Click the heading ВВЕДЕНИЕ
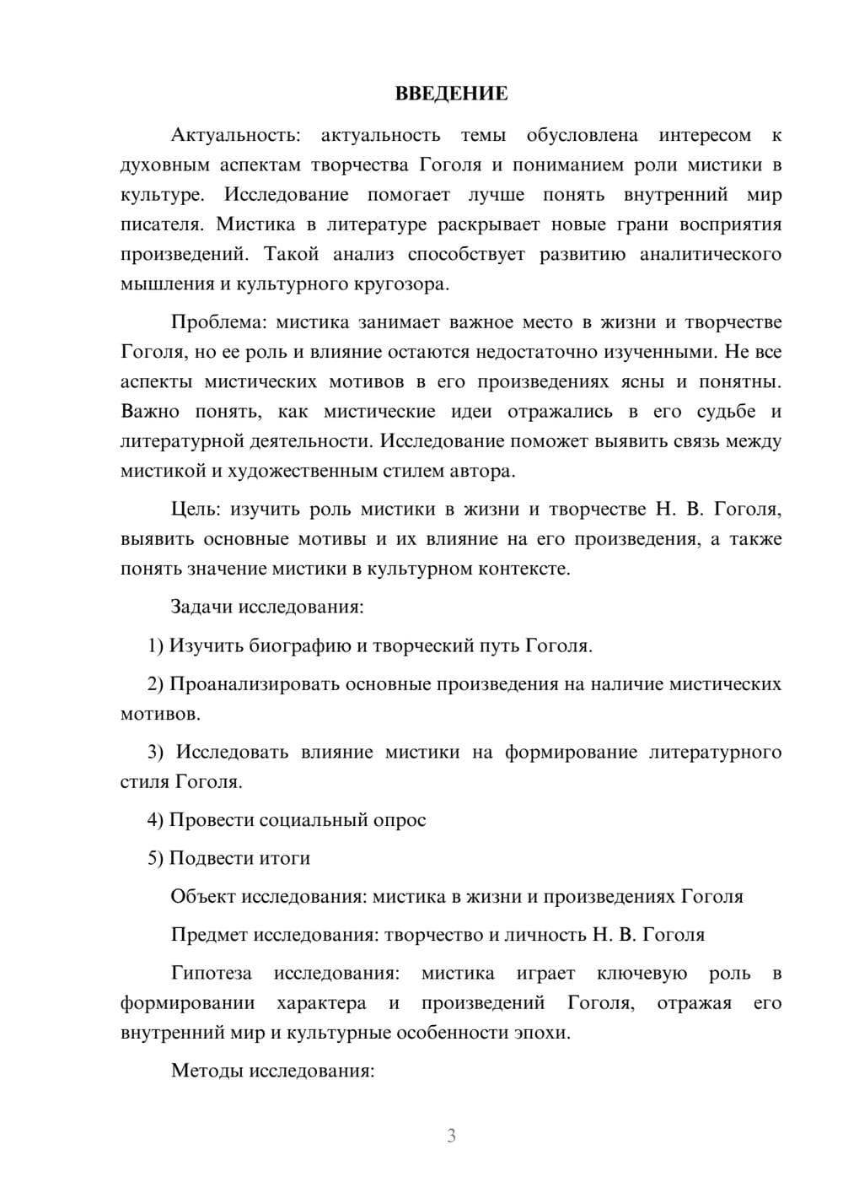(451, 94)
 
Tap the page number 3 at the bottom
(451, 1136)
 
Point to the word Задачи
(202, 607)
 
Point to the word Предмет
(209, 935)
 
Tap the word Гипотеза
(211, 973)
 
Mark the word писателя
(161, 224)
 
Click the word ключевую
(642, 973)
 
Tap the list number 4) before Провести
(156, 819)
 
